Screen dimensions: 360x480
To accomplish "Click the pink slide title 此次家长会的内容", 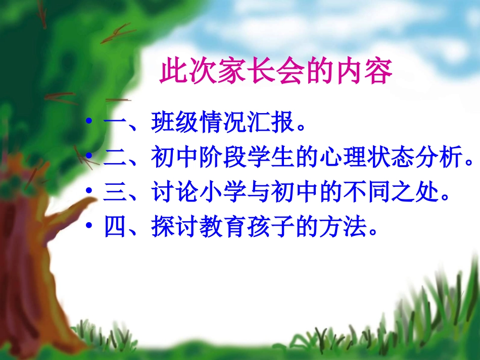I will click(276, 72).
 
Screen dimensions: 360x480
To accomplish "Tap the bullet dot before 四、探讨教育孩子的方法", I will click(89, 227).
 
